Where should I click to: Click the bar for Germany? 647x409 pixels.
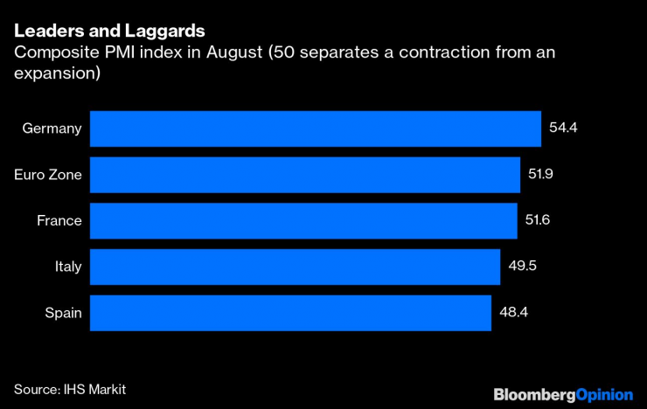click(315, 128)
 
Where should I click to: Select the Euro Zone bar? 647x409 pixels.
click(305, 174)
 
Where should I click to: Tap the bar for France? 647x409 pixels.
click(303, 220)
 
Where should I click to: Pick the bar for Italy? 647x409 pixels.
click(295, 267)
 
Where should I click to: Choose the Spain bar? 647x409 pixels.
click(290, 313)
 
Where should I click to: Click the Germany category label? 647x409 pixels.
click(52, 128)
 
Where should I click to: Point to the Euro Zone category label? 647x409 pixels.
click(48, 175)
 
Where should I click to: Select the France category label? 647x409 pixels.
click(59, 221)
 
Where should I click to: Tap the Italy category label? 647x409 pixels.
click(67, 267)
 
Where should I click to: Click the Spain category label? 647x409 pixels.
click(63, 313)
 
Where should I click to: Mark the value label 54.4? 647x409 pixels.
click(565, 128)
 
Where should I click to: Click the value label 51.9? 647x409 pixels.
click(542, 174)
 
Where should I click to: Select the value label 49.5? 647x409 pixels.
click(522, 267)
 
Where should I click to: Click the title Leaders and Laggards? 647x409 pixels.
click(109, 31)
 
